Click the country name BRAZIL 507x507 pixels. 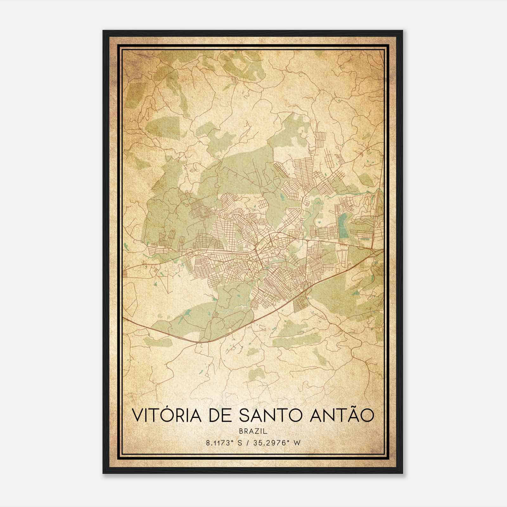click(x=253, y=431)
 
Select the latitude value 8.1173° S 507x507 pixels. click(x=224, y=443)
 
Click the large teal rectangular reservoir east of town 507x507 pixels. click(x=343, y=226)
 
